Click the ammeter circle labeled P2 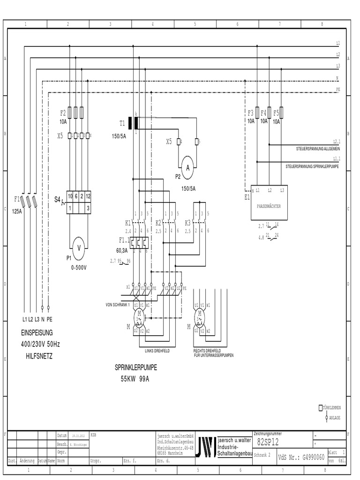[x=187, y=168]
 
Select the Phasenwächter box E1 [x=269, y=202]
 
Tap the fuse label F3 [x=250, y=113]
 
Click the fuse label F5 [x=276, y=113]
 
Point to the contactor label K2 [x=158, y=223]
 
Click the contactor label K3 [x=187, y=223]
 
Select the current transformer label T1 [x=122, y=124]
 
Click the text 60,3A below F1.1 [x=123, y=250]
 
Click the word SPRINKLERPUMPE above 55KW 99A [x=136, y=368]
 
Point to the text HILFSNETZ [x=39, y=356]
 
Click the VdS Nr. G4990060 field [x=301, y=457]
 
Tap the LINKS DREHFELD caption [x=157, y=351]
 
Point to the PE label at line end [x=338, y=89]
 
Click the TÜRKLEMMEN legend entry [x=335, y=407]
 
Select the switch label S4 [x=57, y=200]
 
